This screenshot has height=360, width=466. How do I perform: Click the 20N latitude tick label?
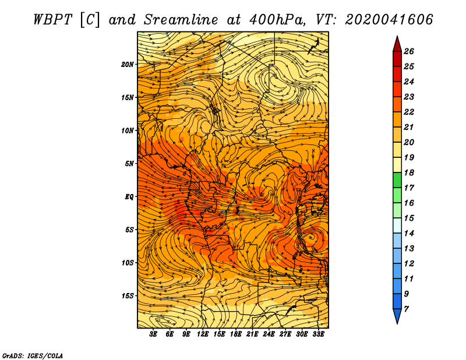pyautogui.click(x=128, y=65)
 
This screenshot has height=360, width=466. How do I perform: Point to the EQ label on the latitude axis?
pyautogui.click(x=129, y=197)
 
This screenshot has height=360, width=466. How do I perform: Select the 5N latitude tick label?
pyautogui.click(x=129, y=164)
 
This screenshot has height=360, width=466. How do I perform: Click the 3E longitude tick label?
pyautogui.click(x=153, y=334)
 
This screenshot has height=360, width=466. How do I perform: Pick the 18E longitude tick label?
pyautogui.click(x=236, y=334)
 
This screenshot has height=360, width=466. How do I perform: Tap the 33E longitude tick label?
pyautogui.click(x=318, y=334)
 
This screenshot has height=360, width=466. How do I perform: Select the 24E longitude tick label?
pyautogui.click(x=269, y=334)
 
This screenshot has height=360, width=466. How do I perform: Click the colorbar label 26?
pyautogui.click(x=409, y=51)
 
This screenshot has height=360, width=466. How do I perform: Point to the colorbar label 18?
pyautogui.click(x=409, y=172)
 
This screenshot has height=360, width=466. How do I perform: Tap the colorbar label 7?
pyautogui.click(x=406, y=309)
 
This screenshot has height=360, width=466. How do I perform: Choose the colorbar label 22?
pyautogui.click(x=409, y=112)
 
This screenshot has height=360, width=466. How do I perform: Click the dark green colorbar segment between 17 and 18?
pyautogui.click(x=397, y=180)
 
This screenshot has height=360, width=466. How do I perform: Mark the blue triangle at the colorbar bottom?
pyautogui.click(x=397, y=315)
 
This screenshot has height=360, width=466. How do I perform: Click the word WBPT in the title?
pyautogui.click(x=52, y=20)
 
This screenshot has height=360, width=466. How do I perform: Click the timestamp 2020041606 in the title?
pyautogui.click(x=389, y=20)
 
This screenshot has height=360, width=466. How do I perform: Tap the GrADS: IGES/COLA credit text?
pyautogui.click(x=33, y=356)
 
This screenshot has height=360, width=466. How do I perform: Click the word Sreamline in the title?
pyautogui.click(x=181, y=20)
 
